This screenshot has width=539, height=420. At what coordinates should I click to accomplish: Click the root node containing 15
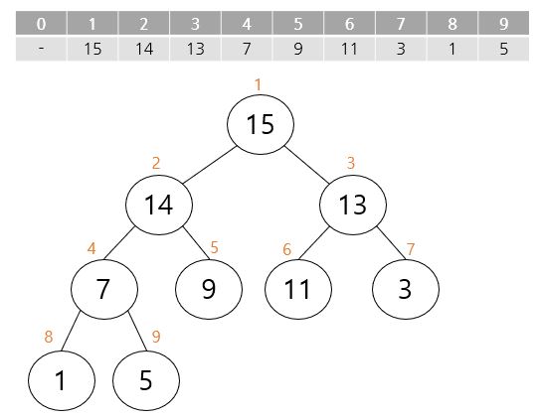click(x=261, y=124)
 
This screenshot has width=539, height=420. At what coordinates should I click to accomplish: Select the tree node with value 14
click(x=159, y=205)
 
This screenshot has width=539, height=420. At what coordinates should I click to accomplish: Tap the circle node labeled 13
click(x=353, y=205)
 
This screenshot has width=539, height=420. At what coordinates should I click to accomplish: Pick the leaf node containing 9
click(x=209, y=289)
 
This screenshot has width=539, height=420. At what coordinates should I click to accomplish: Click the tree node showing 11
click(x=298, y=289)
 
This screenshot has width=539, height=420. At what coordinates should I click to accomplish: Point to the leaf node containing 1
click(x=62, y=380)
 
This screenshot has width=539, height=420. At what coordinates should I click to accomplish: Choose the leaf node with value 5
click(x=146, y=380)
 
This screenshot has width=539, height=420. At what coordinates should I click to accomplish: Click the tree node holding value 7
click(x=104, y=289)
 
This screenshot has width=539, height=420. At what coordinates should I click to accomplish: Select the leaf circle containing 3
click(x=406, y=289)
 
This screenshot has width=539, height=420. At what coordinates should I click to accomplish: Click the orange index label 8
click(x=49, y=337)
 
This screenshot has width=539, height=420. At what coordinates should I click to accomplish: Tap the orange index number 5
click(x=214, y=247)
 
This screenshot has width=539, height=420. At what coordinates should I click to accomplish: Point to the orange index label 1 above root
click(x=258, y=84)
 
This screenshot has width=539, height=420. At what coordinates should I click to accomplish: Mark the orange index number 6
click(x=287, y=249)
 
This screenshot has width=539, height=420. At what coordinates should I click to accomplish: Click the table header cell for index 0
click(x=41, y=23)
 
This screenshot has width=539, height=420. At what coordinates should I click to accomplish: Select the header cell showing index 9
click(x=503, y=23)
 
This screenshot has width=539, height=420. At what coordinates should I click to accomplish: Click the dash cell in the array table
click(x=41, y=49)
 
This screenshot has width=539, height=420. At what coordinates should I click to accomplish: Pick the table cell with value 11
click(x=350, y=49)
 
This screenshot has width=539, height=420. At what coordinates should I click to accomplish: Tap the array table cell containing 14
click(x=143, y=49)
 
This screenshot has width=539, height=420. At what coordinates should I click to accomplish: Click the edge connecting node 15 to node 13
click(x=306, y=165)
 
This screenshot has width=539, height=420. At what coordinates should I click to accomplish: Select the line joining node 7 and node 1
click(x=71, y=331)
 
